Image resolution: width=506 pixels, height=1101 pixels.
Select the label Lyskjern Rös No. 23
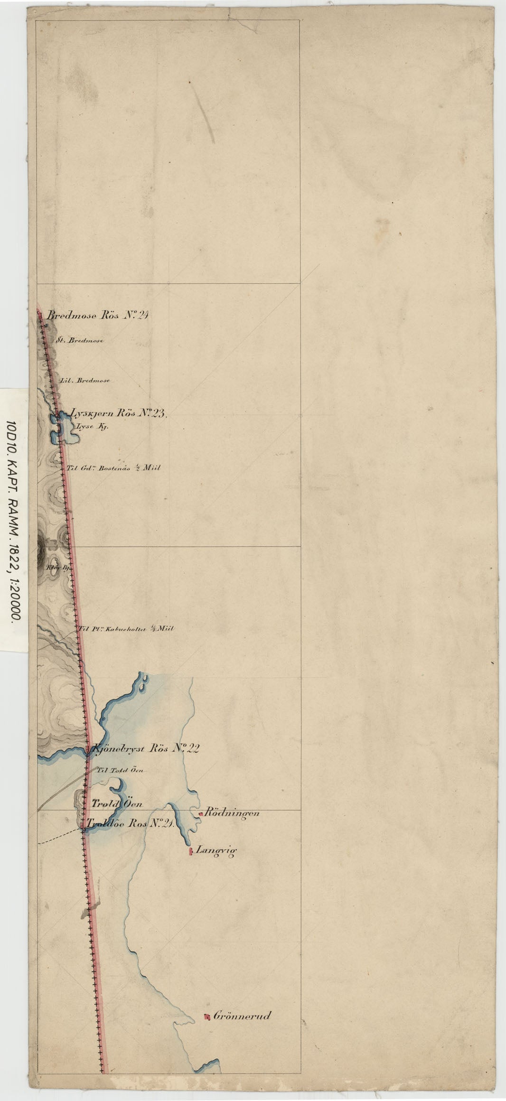[x=117, y=413]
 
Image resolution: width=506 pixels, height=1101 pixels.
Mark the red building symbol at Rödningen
[x=201, y=814]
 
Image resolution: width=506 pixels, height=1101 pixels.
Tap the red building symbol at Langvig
[x=190, y=851]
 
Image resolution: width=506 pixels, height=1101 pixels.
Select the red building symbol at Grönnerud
[x=206, y=1017]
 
